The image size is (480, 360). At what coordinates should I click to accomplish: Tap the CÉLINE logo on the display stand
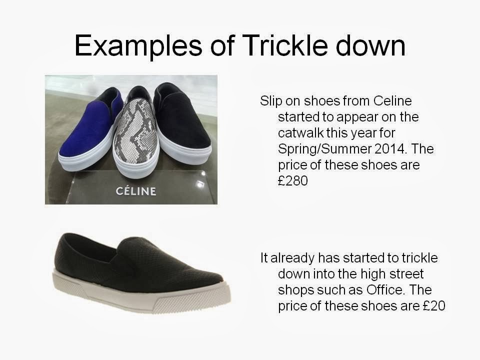coord(136,191)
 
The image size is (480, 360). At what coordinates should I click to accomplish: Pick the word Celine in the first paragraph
coord(392,101)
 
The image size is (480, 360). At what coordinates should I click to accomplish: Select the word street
coord(405,274)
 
